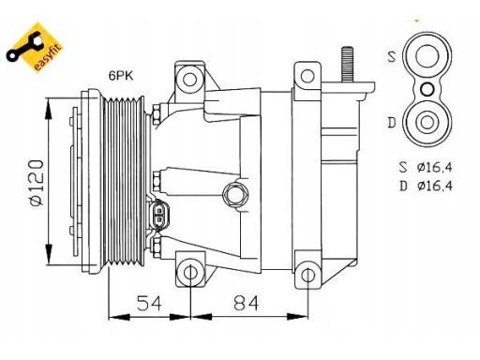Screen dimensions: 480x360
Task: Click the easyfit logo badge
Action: (35, 48)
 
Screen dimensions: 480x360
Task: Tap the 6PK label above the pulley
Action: (121, 75)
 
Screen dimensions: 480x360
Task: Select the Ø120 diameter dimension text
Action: (37, 183)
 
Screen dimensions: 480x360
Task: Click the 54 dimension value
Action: (149, 303)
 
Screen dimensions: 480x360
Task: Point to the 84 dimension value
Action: (247, 303)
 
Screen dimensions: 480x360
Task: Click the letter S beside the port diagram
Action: (392, 56)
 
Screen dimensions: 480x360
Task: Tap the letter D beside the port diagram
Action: (392, 123)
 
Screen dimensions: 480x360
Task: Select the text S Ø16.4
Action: (426, 167)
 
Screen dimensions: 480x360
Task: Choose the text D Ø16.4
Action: (426, 187)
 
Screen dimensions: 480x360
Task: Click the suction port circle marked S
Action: (427, 56)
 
